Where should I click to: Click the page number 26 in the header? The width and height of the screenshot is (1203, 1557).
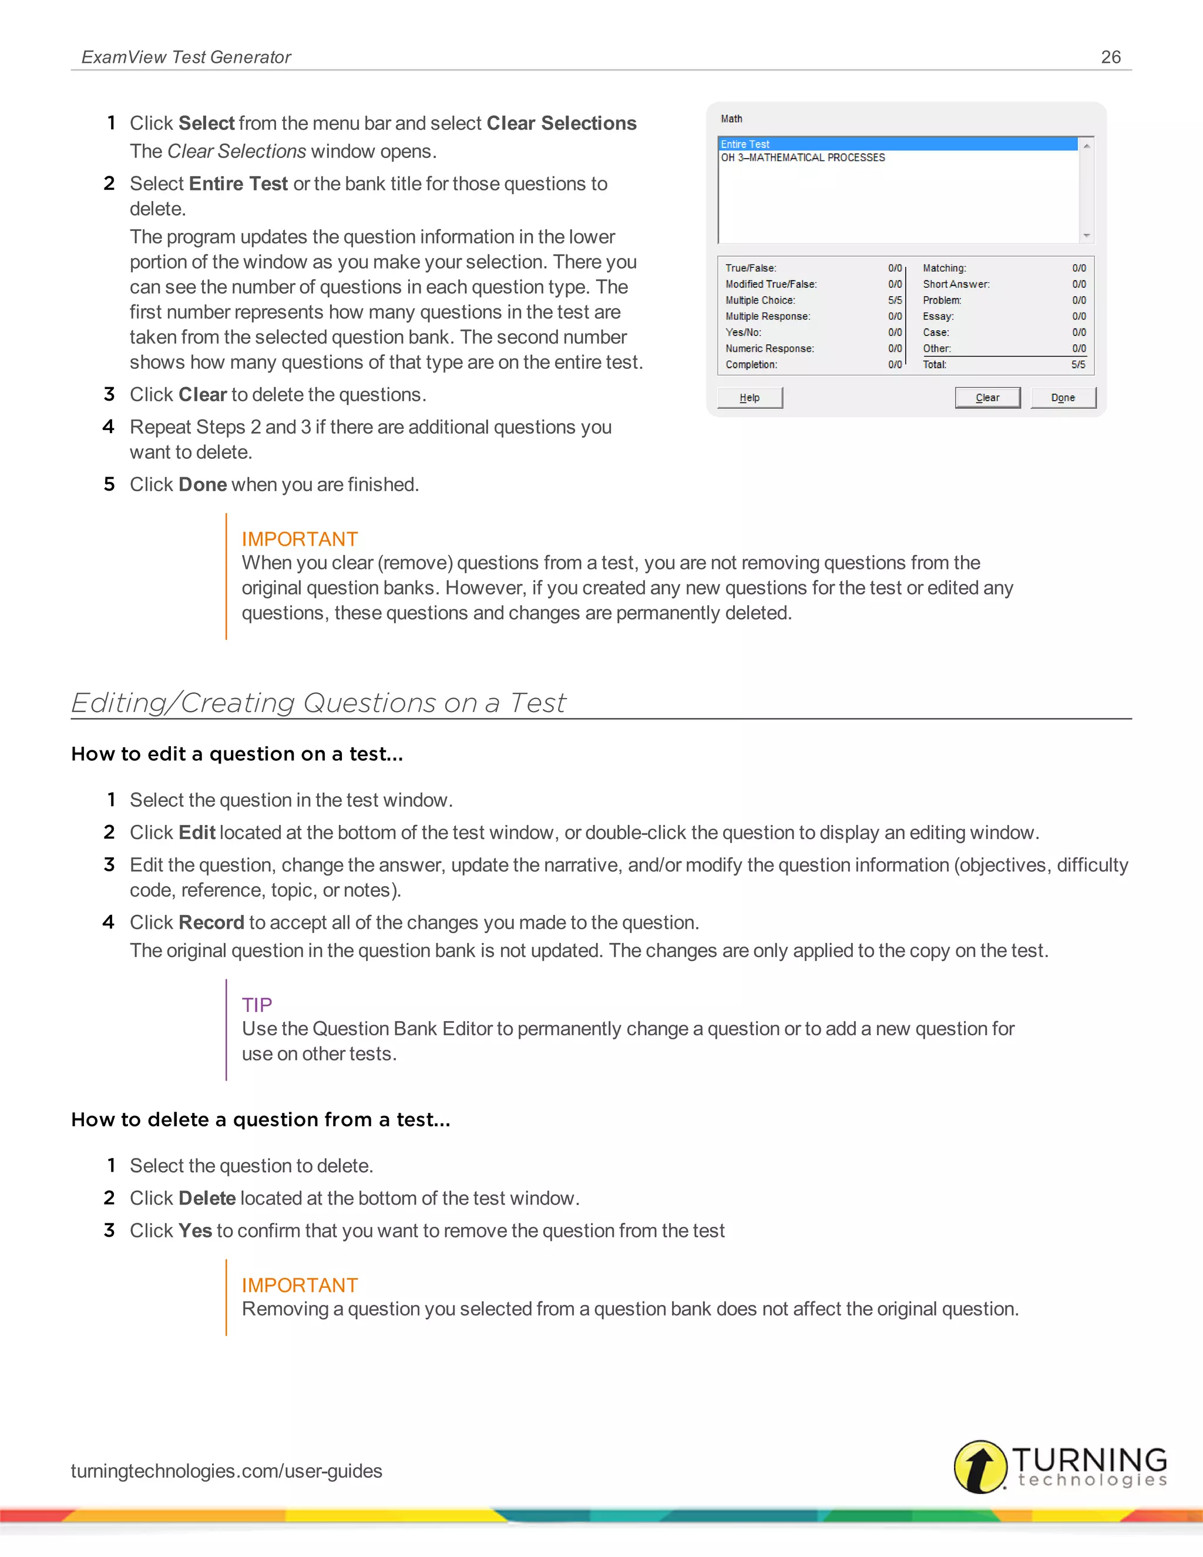pos(1110,57)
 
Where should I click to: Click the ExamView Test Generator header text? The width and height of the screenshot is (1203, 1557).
pos(186,57)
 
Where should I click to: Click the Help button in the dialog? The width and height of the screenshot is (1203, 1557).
pos(749,398)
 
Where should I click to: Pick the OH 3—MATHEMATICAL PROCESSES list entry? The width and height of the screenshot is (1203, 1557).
pos(802,157)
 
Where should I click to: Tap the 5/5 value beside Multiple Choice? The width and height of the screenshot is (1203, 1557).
pos(895,300)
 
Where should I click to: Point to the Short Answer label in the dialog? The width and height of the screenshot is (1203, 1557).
pos(956,284)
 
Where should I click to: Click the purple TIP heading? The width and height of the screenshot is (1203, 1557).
pos(257,1005)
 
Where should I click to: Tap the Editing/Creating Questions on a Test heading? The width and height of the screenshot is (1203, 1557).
pos(318,703)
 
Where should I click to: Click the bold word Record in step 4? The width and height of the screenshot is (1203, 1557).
pos(211,922)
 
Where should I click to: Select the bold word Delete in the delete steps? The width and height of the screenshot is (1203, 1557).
pos(207,1199)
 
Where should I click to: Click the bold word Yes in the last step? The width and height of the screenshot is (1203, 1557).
pos(195,1230)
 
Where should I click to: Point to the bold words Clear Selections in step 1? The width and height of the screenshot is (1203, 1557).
pos(561,123)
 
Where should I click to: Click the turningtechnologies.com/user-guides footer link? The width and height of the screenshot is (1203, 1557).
pos(227,1471)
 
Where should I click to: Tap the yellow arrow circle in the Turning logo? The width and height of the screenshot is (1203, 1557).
pos(980,1467)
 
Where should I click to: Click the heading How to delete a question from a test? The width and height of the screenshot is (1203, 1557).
pos(260,1119)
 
